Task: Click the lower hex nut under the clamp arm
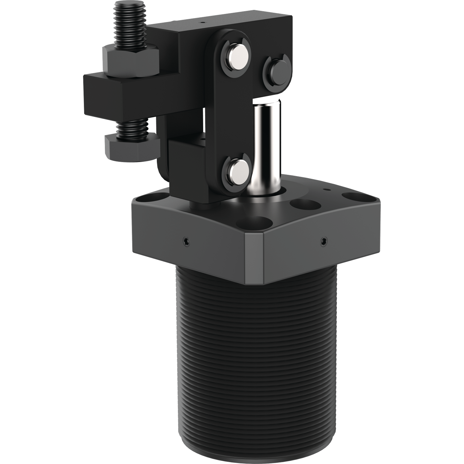[x=131, y=148]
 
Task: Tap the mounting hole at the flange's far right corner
[x=353, y=197]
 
